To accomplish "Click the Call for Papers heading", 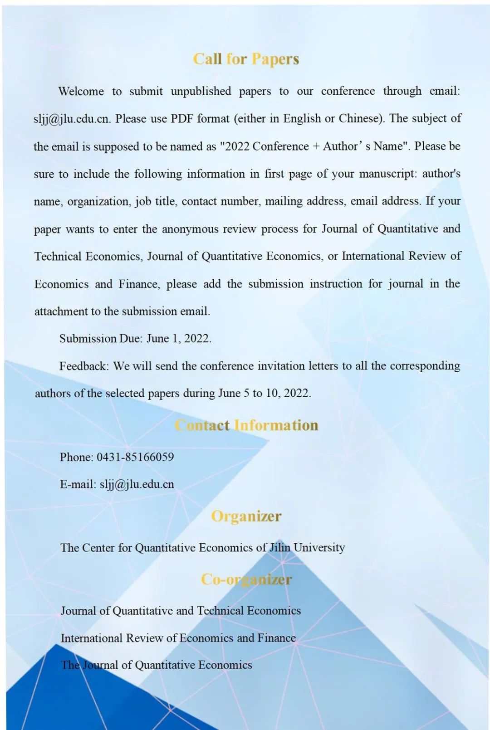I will click(246, 59).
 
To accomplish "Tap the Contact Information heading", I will click(246, 425).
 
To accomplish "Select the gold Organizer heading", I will click(246, 516).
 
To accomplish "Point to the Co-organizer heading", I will click(246, 579).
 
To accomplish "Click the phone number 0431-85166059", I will click(135, 457).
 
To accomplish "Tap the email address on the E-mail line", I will click(137, 484).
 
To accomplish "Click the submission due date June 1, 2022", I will click(179, 338).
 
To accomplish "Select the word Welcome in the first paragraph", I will click(81, 91).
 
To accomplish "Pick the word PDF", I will click(181, 119).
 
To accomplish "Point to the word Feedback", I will click(84, 366).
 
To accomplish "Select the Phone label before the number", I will click(76, 457).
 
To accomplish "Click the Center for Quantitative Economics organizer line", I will click(202, 547).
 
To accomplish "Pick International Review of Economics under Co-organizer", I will click(178, 638).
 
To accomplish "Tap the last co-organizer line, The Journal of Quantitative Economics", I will click(157, 665).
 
